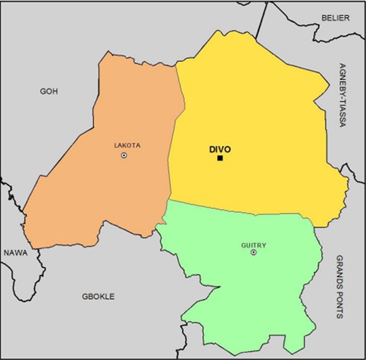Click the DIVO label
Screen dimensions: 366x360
[220, 150]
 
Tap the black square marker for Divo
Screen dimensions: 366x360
[220, 158]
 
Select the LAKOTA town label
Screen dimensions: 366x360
[127, 145]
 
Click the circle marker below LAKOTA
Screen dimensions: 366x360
[124, 155]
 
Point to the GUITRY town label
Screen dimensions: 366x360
[253, 245]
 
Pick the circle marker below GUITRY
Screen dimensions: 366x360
[253, 252]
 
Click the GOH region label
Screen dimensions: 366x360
[49, 91]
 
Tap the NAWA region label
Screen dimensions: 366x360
[15, 253]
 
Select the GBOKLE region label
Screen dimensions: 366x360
[98, 296]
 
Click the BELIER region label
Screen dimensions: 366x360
[336, 18]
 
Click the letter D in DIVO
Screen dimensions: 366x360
[212, 150]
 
